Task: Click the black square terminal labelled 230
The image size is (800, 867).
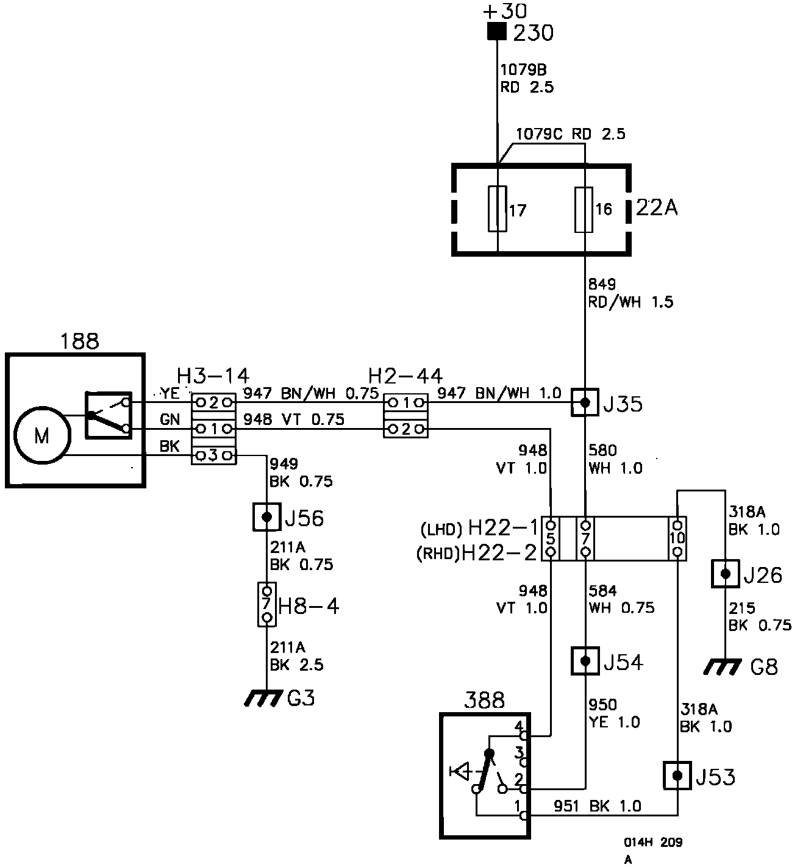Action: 497,32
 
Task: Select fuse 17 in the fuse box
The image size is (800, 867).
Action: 498,209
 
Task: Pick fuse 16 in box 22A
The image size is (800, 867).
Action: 584,210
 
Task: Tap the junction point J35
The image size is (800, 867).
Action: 585,402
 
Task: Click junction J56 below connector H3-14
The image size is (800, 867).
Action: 266,517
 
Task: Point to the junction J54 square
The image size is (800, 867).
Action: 585,661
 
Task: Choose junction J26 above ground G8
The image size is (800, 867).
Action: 726,574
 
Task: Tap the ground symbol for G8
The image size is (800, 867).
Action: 723,667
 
